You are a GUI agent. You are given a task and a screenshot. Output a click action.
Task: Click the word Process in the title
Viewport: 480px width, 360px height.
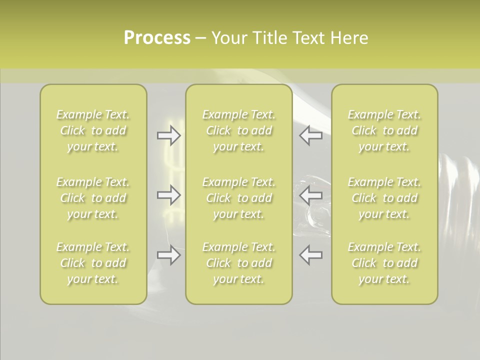tap(157, 38)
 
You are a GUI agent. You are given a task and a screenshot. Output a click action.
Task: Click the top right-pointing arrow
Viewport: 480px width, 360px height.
tap(168, 135)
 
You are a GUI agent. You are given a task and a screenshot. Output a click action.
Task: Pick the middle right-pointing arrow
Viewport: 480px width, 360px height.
tap(168, 195)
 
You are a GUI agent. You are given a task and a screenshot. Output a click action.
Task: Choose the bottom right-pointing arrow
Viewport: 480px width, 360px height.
tap(168, 255)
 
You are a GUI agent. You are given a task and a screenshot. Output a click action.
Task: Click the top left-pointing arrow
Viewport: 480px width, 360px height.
tap(310, 135)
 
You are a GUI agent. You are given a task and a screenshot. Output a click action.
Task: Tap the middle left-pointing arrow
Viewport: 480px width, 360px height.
tap(310, 195)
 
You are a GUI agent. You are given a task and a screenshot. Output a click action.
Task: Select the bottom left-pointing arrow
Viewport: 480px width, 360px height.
tap(310, 255)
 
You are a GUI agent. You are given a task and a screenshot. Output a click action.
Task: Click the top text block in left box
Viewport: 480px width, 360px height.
tap(93, 130)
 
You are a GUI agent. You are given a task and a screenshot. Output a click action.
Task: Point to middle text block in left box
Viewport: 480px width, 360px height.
tap(93, 198)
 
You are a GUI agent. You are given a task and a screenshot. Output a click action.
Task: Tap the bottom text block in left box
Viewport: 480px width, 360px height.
tap(93, 263)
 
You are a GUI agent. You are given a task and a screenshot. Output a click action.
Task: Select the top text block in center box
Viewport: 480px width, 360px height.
tap(238, 130)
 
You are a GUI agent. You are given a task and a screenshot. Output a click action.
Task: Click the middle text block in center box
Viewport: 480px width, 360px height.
tap(238, 198)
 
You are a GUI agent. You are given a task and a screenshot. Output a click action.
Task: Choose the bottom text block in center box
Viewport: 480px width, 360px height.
tap(238, 263)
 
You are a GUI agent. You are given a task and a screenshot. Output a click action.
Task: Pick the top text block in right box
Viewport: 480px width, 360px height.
tap(384, 130)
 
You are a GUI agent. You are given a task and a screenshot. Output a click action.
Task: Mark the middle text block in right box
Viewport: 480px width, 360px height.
tap(384, 198)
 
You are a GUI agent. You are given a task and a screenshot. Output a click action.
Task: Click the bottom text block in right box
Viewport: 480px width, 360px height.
tap(384, 263)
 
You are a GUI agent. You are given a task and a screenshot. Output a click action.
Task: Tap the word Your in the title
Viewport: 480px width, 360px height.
tap(229, 38)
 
